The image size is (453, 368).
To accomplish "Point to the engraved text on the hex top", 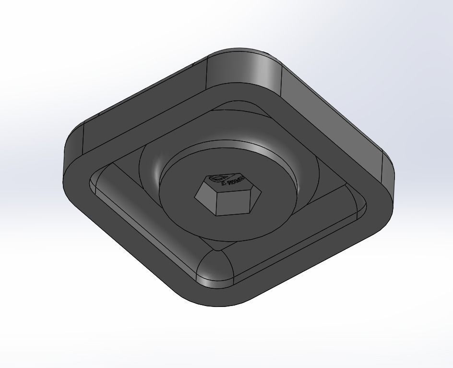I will click(x=235, y=183).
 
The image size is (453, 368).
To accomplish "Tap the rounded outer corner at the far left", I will click(x=72, y=149).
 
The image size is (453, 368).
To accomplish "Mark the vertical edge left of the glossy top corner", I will click(x=207, y=74).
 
